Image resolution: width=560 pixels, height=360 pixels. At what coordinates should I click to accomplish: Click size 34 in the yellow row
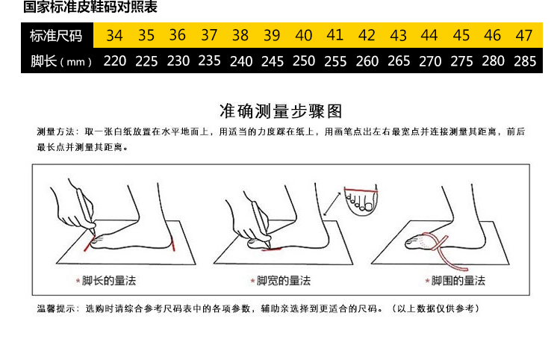[x=115, y=35]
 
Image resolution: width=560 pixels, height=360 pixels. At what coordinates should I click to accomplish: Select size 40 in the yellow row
[x=304, y=35]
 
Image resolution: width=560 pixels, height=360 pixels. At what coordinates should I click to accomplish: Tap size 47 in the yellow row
[x=524, y=35]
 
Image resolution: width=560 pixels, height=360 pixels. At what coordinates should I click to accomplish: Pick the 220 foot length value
[x=115, y=61]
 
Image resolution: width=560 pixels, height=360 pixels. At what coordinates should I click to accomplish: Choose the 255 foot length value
[x=335, y=61]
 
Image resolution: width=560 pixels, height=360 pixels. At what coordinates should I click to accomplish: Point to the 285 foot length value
[x=525, y=61]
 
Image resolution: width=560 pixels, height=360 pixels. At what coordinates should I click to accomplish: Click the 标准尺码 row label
[x=56, y=36]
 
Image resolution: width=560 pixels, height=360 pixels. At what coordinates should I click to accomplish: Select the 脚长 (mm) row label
[x=61, y=61]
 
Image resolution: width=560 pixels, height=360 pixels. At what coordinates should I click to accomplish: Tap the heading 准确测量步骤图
[x=281, y=111]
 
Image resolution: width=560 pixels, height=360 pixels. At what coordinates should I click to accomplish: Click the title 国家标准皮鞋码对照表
[x=90, y=7]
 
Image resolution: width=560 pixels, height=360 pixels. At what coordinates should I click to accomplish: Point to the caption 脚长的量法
[x=109, y=281]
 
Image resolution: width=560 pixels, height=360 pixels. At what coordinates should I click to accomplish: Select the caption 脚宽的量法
[x=284, y=281]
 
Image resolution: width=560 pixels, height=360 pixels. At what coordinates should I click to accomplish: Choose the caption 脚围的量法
[x=458, y=281]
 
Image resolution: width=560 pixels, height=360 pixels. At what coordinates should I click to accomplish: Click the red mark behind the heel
[x=173, y=243]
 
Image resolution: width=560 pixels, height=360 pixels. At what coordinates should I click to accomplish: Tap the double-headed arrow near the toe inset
[x=332, y=204]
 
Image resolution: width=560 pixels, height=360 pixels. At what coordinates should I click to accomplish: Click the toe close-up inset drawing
[x=361, y=200]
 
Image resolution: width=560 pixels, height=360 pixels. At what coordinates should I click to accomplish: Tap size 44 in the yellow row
[x=429, y=35]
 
